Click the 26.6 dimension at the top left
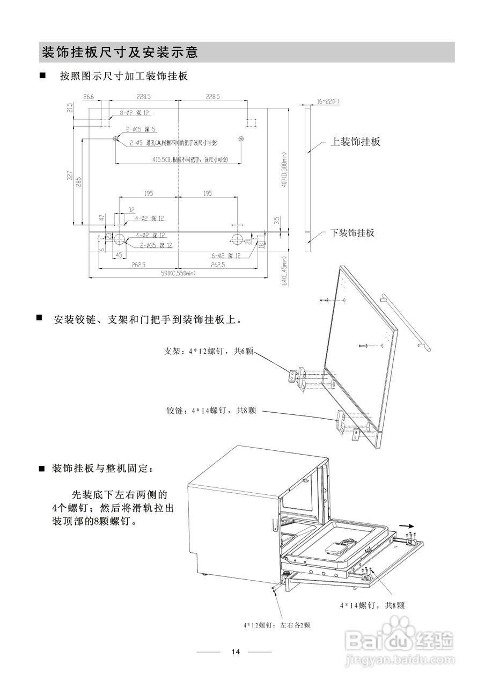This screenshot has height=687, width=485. (89, 97)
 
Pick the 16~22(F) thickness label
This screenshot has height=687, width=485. (328, 100)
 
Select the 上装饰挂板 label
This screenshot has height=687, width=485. (355, 142)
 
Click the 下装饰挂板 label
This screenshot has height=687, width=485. (352, 232)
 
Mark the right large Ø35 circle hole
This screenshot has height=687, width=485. (237, 238)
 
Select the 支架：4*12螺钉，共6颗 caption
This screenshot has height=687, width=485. (208, 352)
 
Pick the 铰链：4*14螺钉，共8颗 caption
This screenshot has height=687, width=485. (211, 411)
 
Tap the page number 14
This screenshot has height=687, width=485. (236, 652)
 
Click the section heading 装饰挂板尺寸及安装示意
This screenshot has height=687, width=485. (120, 53)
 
